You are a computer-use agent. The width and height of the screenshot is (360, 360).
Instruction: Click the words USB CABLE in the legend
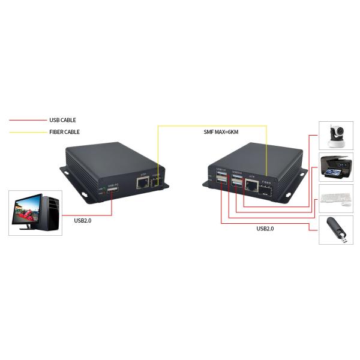click(62, 120)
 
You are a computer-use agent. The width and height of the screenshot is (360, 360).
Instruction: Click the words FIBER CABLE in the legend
click(64, 132)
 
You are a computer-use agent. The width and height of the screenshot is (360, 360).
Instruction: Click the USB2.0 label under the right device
click(265, 229)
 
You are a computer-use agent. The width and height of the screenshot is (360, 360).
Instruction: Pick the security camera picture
click(336, 136)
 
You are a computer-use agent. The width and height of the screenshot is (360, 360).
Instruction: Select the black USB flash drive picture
click(336, 230)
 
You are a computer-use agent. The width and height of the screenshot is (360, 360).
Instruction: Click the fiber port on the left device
click(157, 181)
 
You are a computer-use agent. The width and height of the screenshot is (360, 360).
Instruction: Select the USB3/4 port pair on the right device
click(236, 181)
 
